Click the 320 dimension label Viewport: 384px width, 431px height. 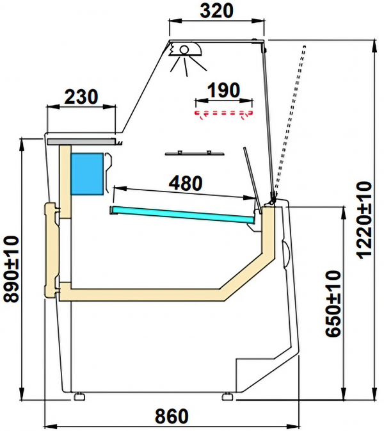click(217, 11)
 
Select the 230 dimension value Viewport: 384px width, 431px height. click(81, 97)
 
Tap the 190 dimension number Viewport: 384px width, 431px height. click(223, 90)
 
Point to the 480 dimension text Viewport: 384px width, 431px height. click(186, 183)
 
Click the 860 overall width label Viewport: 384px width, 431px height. click(172, 416)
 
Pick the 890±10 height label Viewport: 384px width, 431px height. click(12, 269)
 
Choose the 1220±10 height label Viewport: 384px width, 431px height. click(364, 220)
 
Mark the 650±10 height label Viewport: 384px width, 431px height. click(333, 304)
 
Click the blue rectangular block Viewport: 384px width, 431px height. click(87, 174)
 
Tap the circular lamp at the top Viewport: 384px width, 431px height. click(184, 49)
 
